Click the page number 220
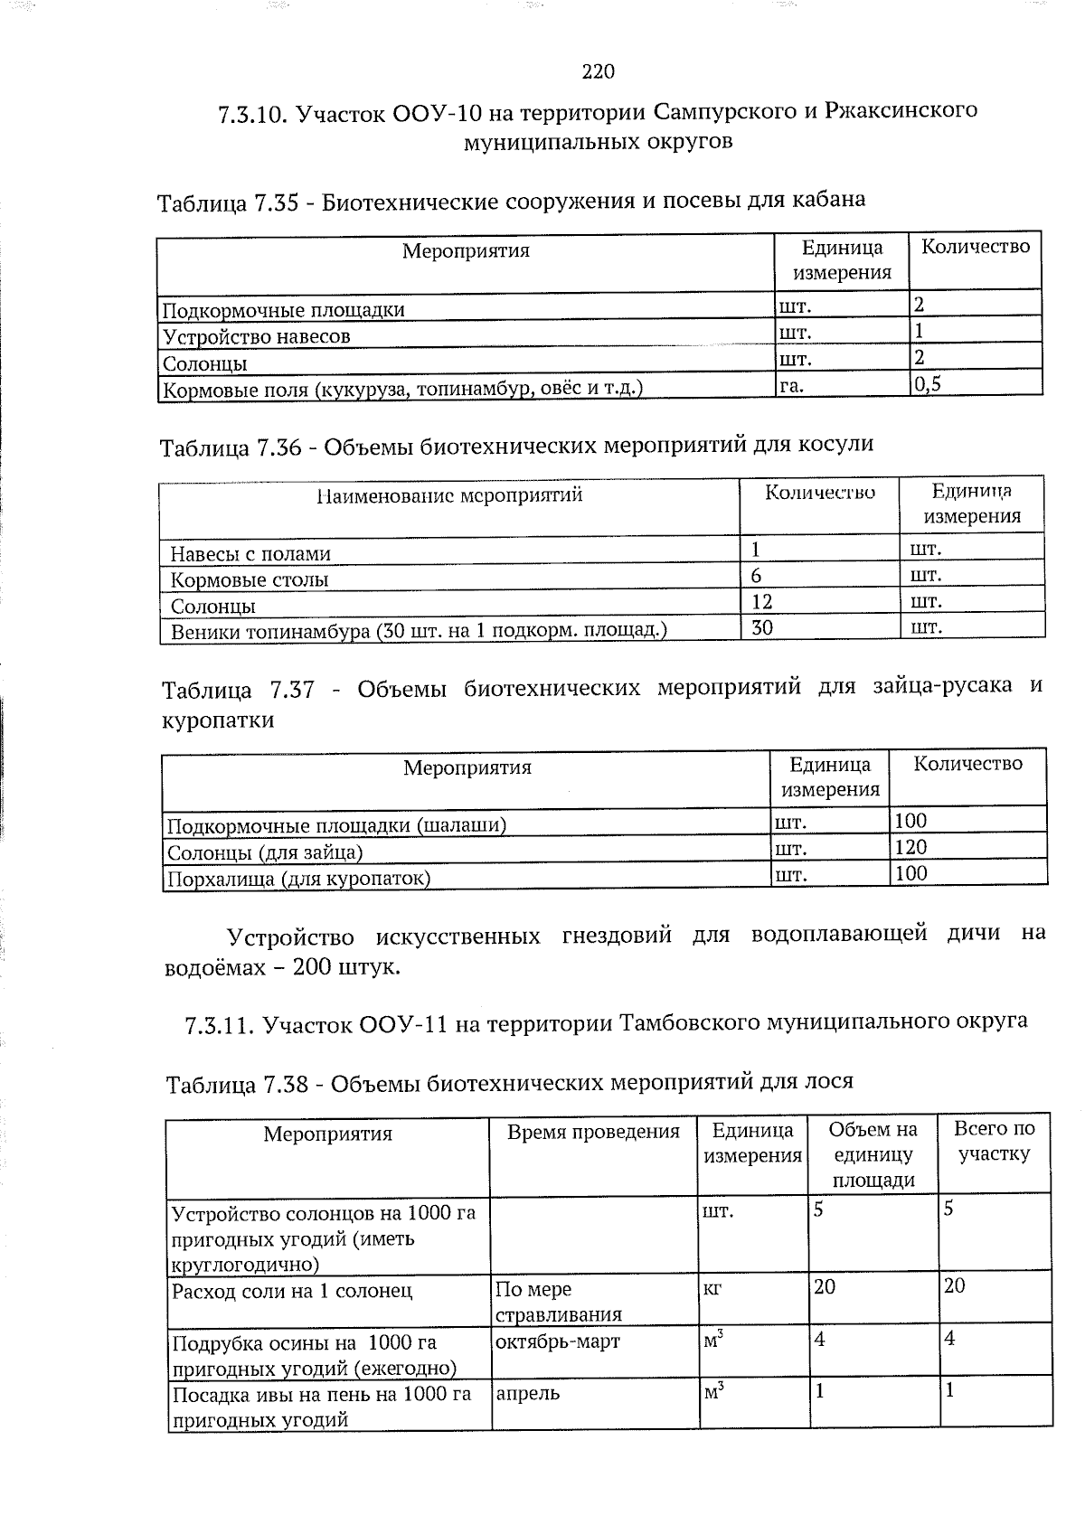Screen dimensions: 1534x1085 click(x=599, y=71)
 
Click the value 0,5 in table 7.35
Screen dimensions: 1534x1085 click(x=928, y=383)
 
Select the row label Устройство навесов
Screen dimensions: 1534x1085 click(x=256, y=337)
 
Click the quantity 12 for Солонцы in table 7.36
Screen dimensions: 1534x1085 click(x=761, y=601)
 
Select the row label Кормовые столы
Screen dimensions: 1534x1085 click(x=250, y=579)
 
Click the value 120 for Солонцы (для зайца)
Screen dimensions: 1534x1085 click(x=910, y=847)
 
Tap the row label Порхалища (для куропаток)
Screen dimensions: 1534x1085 click(x=299, y=878)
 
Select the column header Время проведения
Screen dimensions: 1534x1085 click(x=593, y=1132)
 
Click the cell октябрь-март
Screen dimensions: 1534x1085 click(x=558, y=1341)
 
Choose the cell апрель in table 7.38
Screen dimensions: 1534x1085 click(x=527, y=1393)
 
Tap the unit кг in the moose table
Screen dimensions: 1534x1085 click(x=712, y=1289)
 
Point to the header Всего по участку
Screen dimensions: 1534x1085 click(x=995, y=1141)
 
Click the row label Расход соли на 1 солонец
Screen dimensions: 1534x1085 click(x=292, y=1290)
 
